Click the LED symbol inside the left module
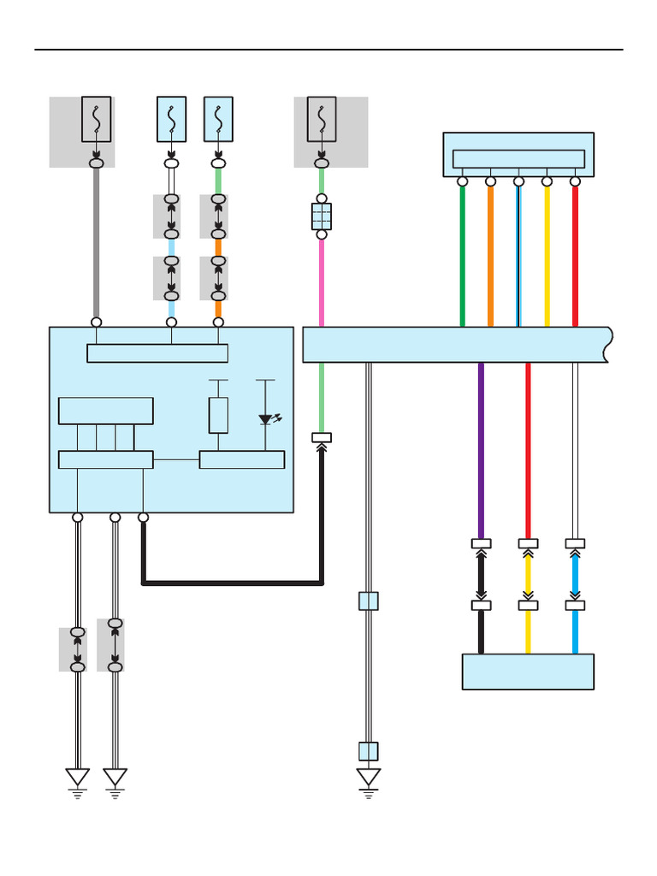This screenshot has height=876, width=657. [266, 419]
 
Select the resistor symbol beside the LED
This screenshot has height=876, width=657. [218, 415]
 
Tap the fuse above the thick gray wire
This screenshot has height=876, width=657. [96, 119]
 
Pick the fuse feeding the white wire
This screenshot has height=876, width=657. [171, 119]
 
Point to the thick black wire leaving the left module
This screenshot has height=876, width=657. [231, 583]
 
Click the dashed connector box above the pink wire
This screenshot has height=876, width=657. [322, 216]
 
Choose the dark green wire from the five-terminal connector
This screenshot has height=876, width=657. [462, 257]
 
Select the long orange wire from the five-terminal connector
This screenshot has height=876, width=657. [490, 257]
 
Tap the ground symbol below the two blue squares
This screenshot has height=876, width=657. [369, 779]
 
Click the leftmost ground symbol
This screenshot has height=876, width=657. [78, 779]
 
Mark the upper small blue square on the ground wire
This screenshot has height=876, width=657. [369, 601]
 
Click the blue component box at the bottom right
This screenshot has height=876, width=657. [528, 672]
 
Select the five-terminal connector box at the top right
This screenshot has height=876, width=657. [518, 154]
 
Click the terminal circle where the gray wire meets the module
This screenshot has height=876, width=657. [97, 323]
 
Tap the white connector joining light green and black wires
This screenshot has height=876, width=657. [322, 438]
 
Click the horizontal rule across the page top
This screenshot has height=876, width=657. [328, 50]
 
